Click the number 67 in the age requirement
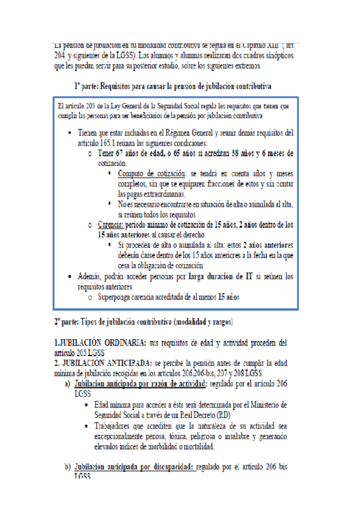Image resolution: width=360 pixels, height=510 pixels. [126, 154]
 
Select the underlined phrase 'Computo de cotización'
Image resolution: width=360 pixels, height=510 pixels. [148, 174]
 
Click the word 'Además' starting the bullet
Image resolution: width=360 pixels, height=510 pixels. [93, 276]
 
